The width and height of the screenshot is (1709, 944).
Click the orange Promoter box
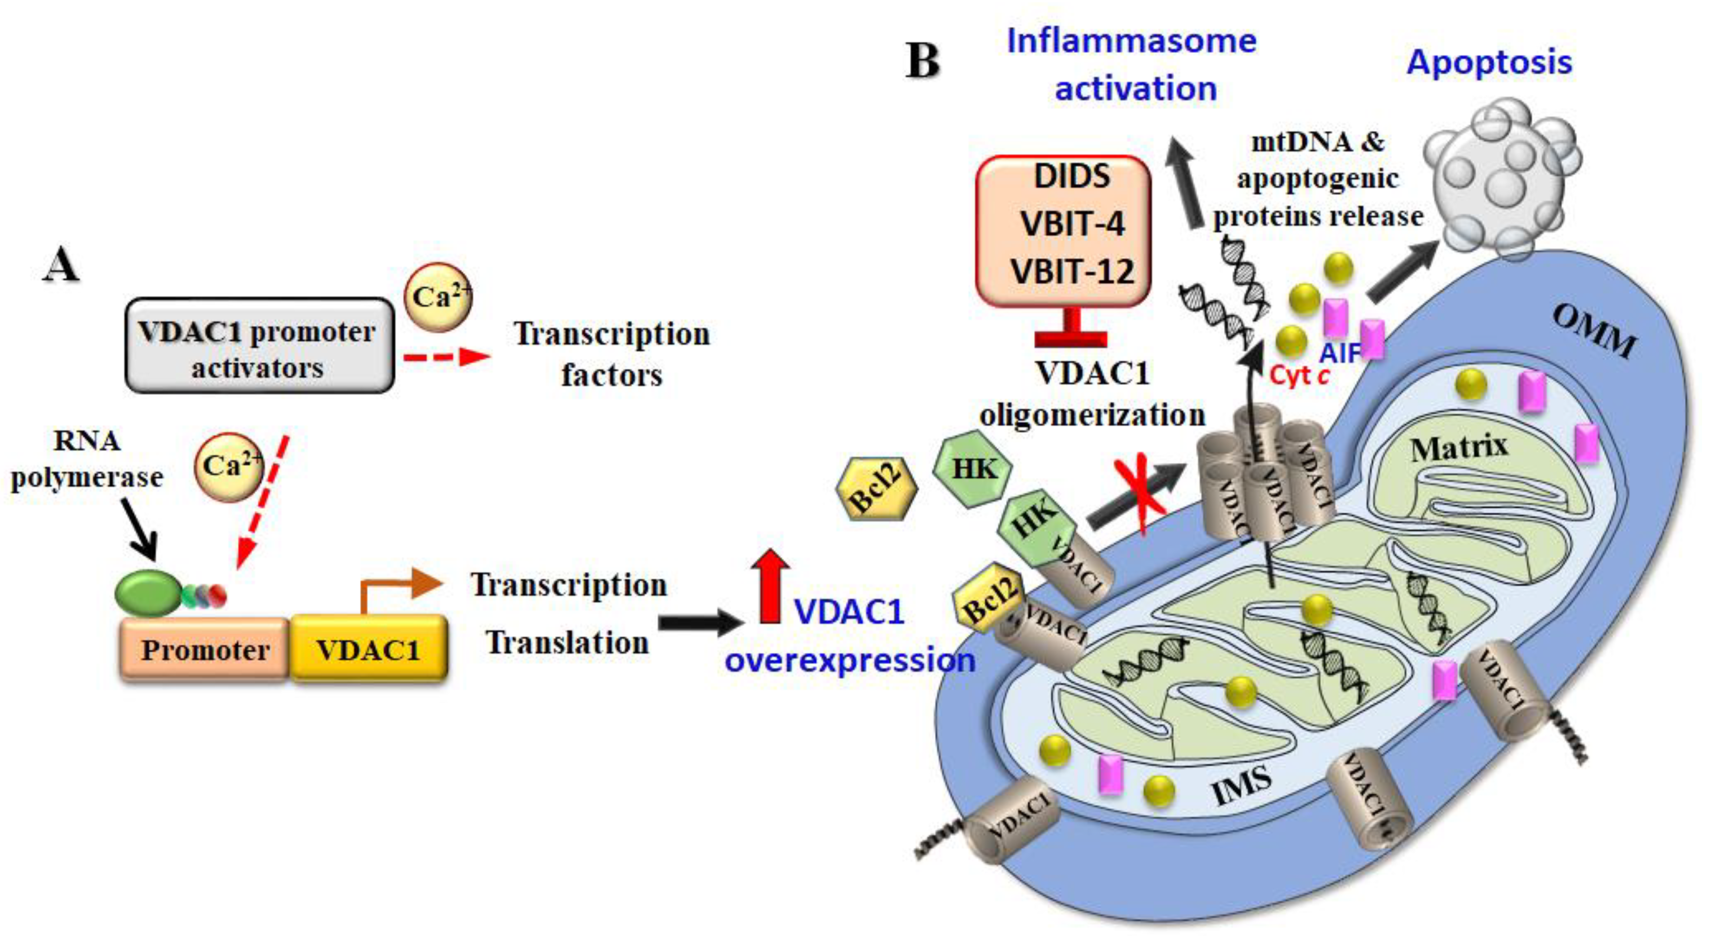[204, 650]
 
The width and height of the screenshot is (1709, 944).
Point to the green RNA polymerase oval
[147, 594]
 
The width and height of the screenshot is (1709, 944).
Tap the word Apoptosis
[1489, 62]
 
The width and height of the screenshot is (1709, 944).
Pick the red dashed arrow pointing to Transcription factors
[446, 357]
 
